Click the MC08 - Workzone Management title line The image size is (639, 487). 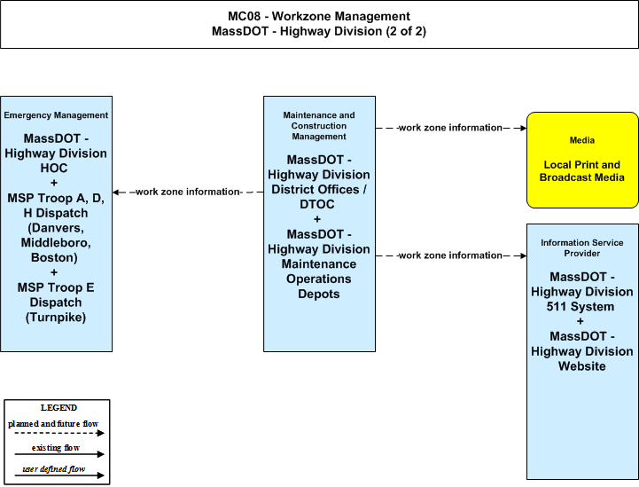(x=319, y=16)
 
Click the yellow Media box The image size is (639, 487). (x=582, y=160)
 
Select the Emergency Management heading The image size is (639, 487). (x=56, y=115)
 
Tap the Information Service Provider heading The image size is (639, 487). (x=582, y=248)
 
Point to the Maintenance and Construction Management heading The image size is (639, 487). (x=319, y=126)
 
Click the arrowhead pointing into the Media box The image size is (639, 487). (x=523, y=128)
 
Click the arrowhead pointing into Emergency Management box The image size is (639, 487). (x=116, y=192)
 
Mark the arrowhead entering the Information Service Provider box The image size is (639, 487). (x=523, y=255)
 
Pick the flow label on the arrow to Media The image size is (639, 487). (x=450, y=128)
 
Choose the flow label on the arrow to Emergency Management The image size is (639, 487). (x=188, y=192)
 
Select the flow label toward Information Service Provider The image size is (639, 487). (x=450, y=255)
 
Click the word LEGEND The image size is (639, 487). (x=58, y=408)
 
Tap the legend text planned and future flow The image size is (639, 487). (x=53, y=424)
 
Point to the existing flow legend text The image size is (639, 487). (x=56, y=448)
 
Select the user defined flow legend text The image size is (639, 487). (x=54, y=469)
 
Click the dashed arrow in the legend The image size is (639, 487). (x=59, y=433)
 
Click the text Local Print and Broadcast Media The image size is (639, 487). (x=582, y=171)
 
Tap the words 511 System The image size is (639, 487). (x=581, y=307)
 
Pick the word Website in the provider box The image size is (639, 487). (x=582, y=366)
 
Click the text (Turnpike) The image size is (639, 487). (x=56, y=318)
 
